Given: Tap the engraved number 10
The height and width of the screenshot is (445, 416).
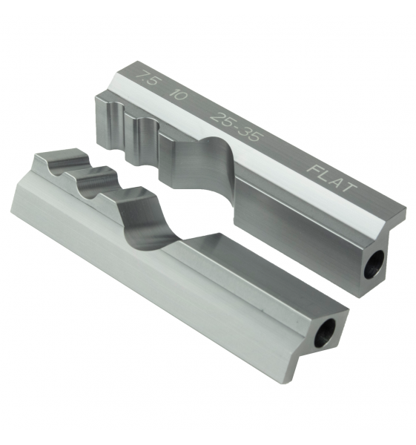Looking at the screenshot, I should (178, 94).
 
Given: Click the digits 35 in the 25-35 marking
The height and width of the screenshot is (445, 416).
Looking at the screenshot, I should (253, 127).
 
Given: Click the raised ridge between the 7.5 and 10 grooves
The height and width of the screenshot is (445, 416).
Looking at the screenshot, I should (126, 126).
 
